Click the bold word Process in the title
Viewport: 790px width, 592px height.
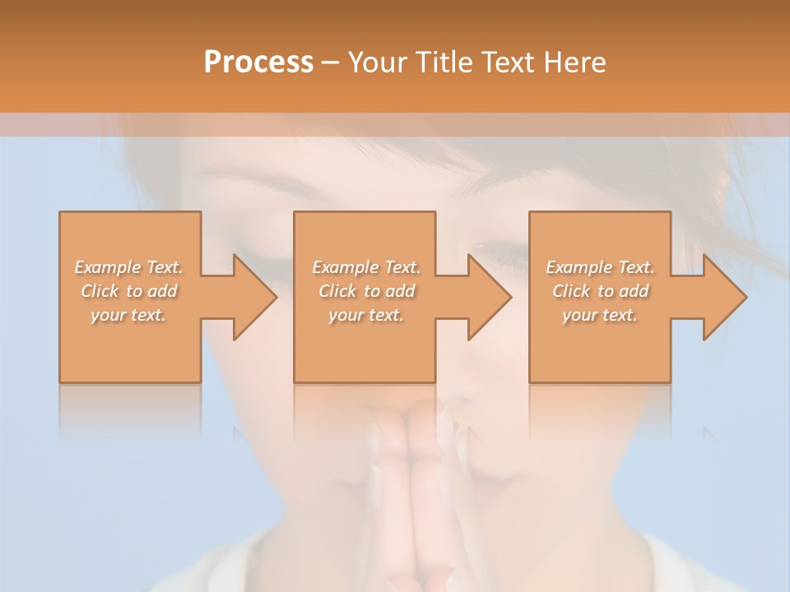[x=258, y=62]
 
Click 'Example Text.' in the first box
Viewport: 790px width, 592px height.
[x=128, y=267]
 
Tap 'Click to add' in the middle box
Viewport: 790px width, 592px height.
[x=366, y=291]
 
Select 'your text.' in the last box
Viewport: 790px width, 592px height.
[x=600, y=315]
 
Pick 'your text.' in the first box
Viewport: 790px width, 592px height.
[x=128, y=315]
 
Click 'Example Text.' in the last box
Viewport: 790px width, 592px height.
[x=600, y=267]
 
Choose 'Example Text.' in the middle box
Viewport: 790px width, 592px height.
[x=366, y=267]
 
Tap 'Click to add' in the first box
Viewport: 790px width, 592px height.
[x=128, y=291]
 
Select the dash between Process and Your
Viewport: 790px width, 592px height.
[x=330, y=62]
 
